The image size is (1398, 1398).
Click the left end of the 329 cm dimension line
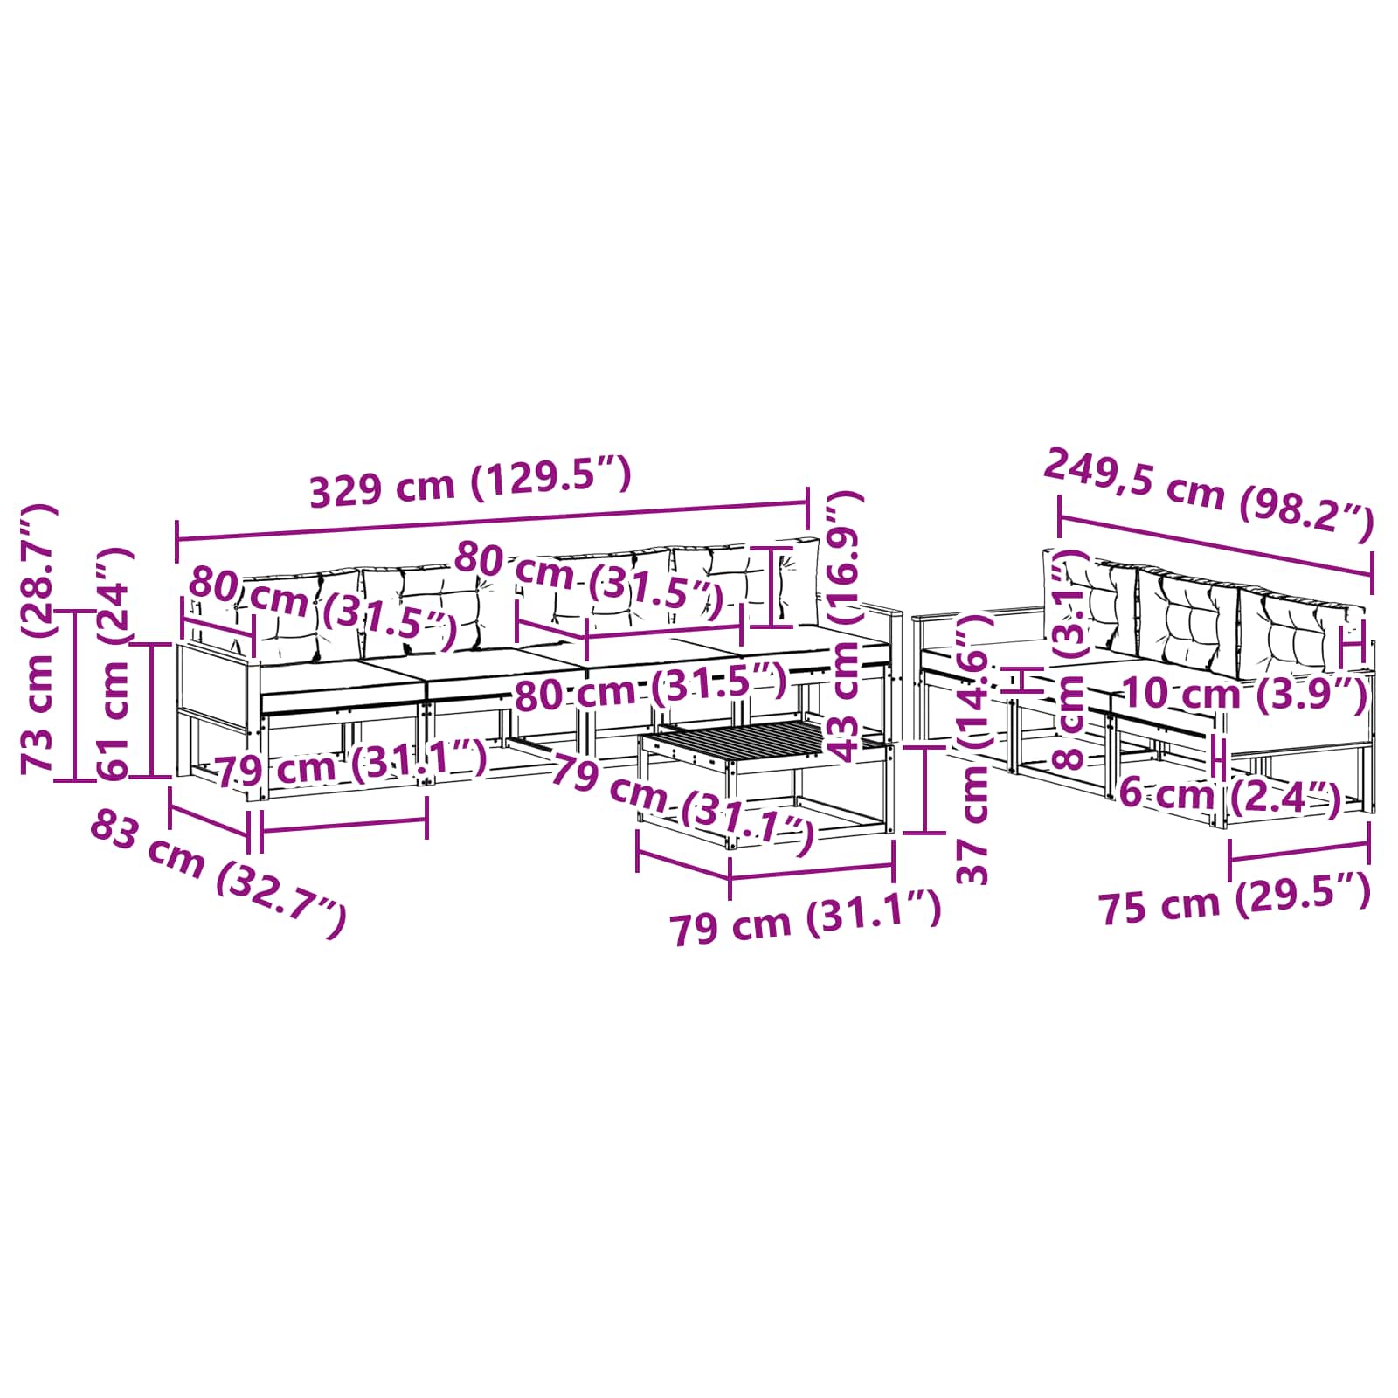click(177, 542)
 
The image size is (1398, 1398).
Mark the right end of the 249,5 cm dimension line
click(1371, 574)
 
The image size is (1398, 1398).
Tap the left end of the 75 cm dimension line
click(1230, 860)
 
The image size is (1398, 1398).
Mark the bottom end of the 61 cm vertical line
click(151, 776)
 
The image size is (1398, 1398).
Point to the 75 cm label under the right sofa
click(1234, 897)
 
